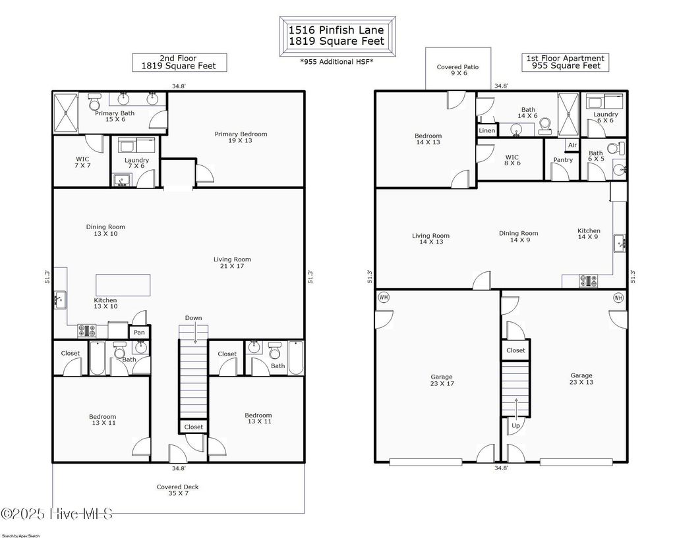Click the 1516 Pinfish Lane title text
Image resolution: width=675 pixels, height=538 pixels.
coord(337,30)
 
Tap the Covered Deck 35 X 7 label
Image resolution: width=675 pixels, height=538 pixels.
coord(177,491)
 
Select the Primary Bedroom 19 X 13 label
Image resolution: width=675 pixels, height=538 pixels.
coord(241,137)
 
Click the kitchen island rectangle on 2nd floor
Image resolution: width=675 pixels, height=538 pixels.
coord(123,285)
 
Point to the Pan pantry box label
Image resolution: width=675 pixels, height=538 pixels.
coord(139,333)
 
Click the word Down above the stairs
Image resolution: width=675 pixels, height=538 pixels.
coord(193,318)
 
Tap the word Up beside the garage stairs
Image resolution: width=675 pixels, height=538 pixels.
coord(515,425)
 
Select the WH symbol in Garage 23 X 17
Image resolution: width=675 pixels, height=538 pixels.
coord(384,298)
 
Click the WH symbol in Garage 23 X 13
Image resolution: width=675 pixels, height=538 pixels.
coord(618,298)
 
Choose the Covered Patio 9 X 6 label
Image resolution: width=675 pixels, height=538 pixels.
coord(457,70)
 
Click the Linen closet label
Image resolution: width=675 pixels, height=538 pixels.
coord(486,130)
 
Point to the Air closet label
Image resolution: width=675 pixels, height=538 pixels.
coord(572,145)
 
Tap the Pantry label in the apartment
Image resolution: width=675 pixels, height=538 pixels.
coord(563,160)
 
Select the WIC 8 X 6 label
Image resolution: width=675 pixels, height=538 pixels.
coord(512,160)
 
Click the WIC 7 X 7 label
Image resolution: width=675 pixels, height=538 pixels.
coord(82,163)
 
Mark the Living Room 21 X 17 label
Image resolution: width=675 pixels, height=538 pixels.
coord(232,263)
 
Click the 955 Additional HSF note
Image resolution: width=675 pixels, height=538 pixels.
coord(337,61)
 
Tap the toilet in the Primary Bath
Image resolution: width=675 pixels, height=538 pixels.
coord(94,103)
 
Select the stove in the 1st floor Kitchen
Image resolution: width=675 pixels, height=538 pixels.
coord(589,281)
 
